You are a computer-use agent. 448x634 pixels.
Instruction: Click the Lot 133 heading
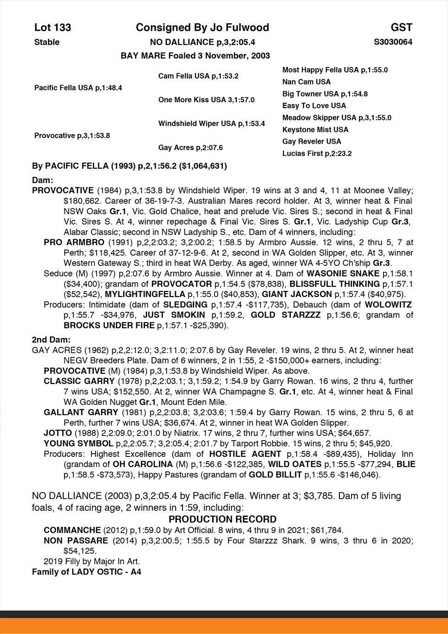pyautogui.click(x=53, y=27)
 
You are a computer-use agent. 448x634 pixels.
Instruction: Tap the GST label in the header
pyautogui.click(x=402, y=27)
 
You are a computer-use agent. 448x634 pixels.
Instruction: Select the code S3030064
pyautogui.click(x=393, y=42)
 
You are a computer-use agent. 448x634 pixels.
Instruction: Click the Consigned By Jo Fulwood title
pyautogui.click(x=202, y=27)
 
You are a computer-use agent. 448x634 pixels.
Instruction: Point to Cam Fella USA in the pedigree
pyautogui.click(x=198, y=76)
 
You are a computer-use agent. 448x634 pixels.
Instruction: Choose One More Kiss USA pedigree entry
pyautogui.click(x=206, y=99)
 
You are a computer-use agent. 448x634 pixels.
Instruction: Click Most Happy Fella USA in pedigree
pyautogui.click(x=335, y=70)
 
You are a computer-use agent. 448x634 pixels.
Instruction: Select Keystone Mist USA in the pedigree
pyautogui.click(x=315, y=130)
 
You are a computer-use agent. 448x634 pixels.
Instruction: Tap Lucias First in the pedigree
pyautogui.click(x=317, y=153)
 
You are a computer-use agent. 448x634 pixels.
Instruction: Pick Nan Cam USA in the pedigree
pyautogui.click(x=306, y=82)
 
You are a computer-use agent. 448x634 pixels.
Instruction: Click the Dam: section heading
pyautogui.click(x=42, y=180)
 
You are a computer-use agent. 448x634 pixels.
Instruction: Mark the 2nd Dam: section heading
pyautogui.click(x=51, y=340)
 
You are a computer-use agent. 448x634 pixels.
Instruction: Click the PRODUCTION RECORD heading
pyautogui.click(x=222, y=519)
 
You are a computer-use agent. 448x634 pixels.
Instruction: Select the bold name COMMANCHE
pyautogui.click(x=72, y=530)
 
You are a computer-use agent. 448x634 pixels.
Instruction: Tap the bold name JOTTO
pyautogui.click(x=58, y=433)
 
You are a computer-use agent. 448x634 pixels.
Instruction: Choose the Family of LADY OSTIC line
pyautogui.click(x=86, y=572)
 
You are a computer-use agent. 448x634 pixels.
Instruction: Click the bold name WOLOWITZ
pyautogui.click(x=388, y=305)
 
